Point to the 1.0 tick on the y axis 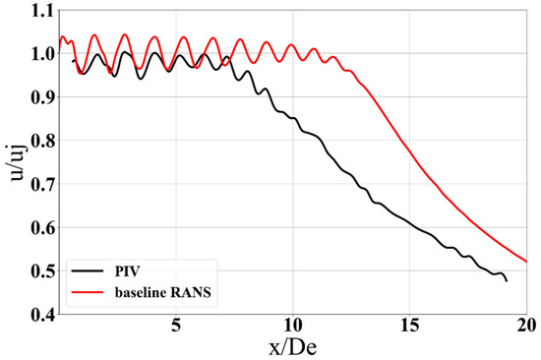click(40, 53)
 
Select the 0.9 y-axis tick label click(40, 96)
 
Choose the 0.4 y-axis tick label click(40, 314)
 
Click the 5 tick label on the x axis click(175, 325)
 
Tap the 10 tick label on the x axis click(292, 325)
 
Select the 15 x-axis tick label click(409, 325)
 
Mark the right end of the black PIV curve click(507, 281)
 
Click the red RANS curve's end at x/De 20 click(527, 262)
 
